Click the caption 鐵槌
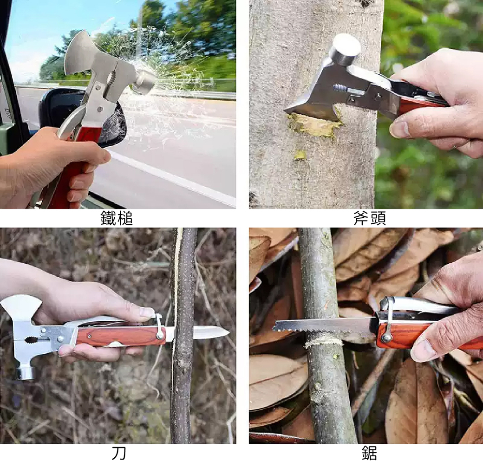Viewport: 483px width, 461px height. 117,218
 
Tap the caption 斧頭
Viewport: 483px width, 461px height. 369,218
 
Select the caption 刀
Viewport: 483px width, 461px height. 118,453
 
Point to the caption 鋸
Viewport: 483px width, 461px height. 369,453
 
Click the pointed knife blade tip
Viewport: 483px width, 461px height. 228,332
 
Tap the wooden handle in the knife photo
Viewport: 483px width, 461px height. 121,336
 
